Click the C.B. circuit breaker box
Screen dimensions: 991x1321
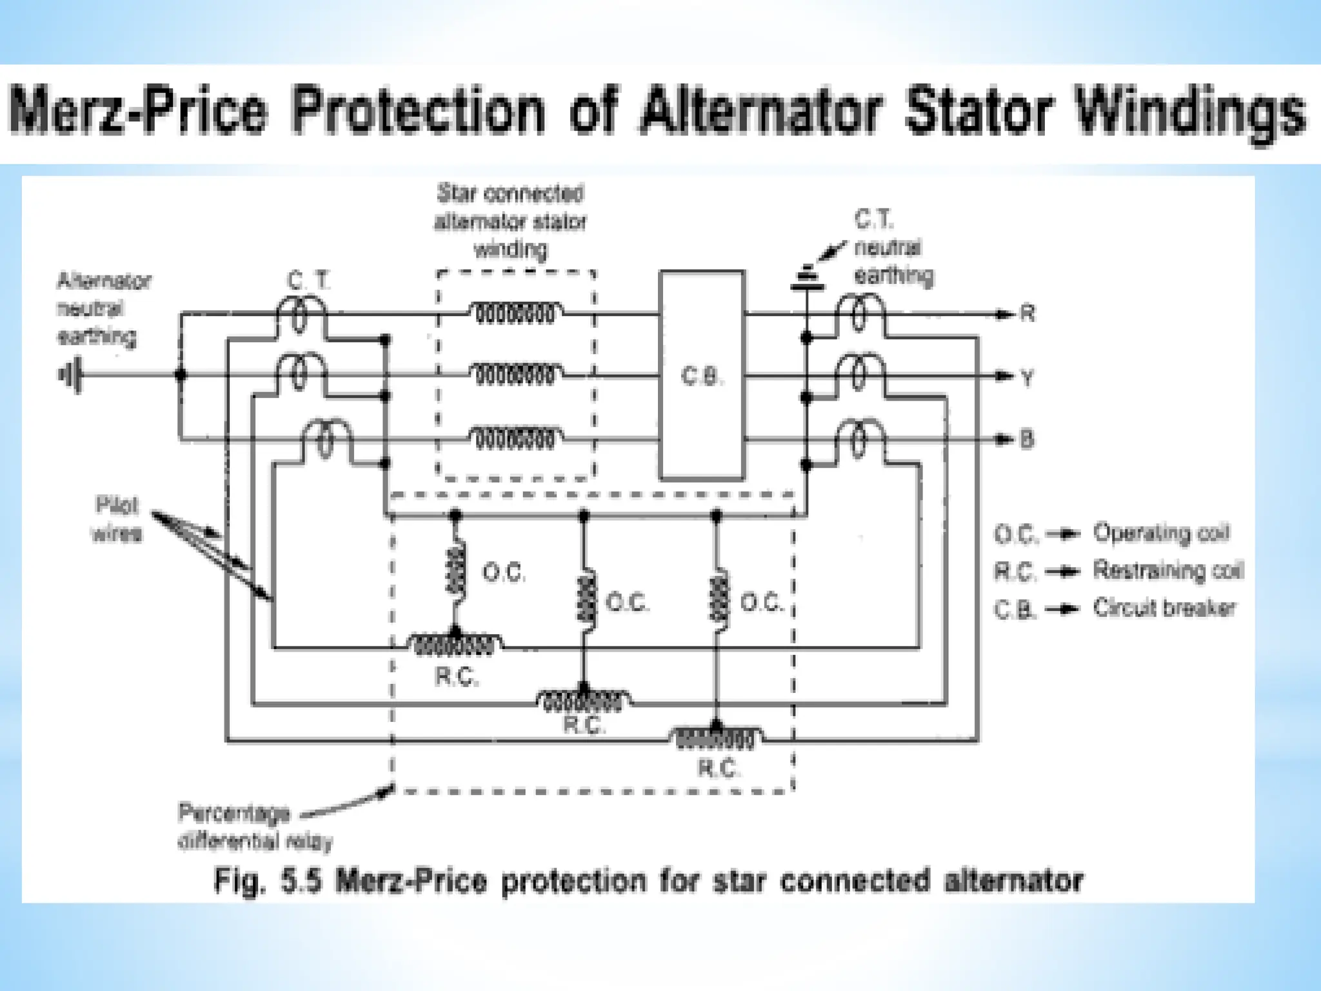pos(701,376)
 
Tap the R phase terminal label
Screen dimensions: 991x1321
pos(1028,314)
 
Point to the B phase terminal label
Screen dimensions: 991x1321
pos(1027,439)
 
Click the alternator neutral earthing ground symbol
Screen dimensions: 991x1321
pos(70,375)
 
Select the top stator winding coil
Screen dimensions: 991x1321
pos(515,314)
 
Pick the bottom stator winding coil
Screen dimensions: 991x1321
pos(515,440)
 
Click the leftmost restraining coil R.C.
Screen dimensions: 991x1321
pos(455,645)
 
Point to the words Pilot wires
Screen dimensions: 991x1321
pos(117,519)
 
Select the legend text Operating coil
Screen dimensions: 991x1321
pos(1161,533)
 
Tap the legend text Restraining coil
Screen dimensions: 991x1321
pos(1167,570)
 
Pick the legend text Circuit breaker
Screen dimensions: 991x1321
pos(1164,608)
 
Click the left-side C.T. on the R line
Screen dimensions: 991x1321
pos(300,315)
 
